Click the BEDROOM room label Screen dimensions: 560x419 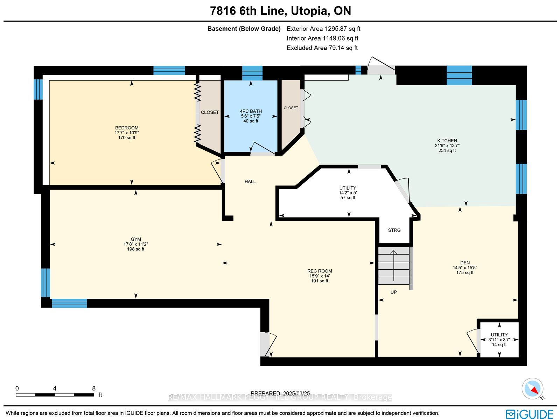pos(127,128)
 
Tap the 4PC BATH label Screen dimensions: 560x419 pos(251,111)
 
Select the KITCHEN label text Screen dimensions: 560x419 pos(447,141)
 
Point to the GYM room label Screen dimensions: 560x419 pos(136,239)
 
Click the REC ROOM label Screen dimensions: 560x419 pos(320,271)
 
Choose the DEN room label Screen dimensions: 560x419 pos(465,263)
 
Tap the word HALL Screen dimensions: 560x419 pos(250,182)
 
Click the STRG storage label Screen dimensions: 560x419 pos(394,230)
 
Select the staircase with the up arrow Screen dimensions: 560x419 pos(394,266)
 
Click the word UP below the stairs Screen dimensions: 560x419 pos(393,292)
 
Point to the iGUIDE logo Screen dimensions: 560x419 pos(529,413)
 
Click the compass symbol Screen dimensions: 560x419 pos(532,389)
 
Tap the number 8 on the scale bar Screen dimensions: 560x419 pos(94,388)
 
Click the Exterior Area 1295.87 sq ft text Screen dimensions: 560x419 pos(323,29)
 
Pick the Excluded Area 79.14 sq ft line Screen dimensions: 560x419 pos(322,48)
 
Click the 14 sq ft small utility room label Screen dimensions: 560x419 pos(499,345)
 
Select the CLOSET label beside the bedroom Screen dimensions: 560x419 pos(210,112)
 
